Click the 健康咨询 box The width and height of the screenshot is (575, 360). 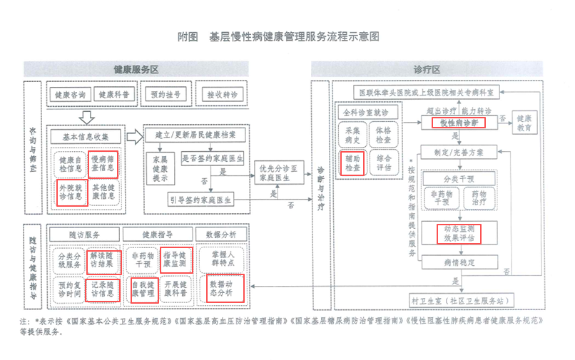pyautogui.click(x=71, y=94)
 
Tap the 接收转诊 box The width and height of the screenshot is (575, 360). pyautogui.click(x=222, y=94)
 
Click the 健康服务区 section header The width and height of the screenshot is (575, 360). pyautogui.click(x=136, y=69)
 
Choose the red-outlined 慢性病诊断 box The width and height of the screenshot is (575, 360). pyautogui.click(x=458, y=123)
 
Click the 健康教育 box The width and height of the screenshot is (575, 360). pyautogui.click(x=524, y=123)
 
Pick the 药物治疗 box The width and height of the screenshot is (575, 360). pyautogui.click(x=474, y=197)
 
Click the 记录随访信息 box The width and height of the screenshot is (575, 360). pyautogui.click(x=103, y=289)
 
